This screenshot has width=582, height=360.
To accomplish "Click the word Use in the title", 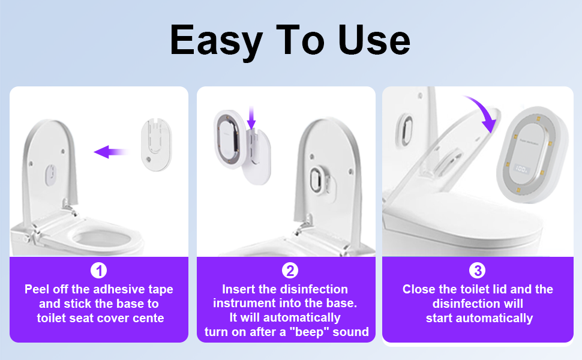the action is pos(374,40).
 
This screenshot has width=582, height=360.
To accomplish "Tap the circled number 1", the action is pos(99,271).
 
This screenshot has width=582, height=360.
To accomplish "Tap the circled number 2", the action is pos(290,271).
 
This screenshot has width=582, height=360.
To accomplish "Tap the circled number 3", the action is pos(478,271).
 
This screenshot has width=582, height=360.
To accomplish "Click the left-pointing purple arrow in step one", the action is pos(110,152).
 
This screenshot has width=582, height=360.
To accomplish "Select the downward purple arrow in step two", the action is pos(251,118).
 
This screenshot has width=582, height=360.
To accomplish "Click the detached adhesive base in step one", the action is pos(156,145).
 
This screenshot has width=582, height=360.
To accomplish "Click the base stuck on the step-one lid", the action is pos(50,175).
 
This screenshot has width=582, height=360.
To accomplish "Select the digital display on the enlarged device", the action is pos(521,169).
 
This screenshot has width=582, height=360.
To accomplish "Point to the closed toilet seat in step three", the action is pos(464,219).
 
